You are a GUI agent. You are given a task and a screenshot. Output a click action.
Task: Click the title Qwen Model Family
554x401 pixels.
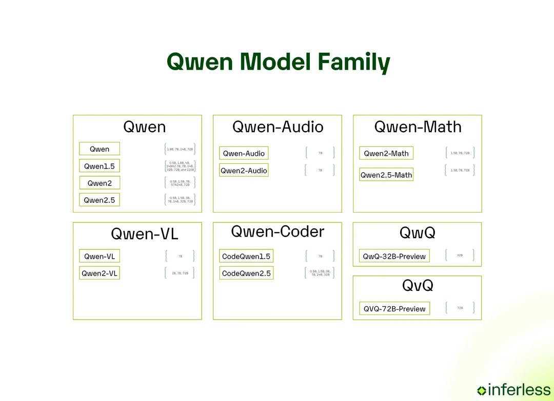click(278, 62)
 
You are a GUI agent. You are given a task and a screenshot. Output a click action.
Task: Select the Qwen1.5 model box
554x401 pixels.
click(100, 166)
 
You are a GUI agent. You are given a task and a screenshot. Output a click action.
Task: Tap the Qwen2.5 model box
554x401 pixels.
click(100, 200)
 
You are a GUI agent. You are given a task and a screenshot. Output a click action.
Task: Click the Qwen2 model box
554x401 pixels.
click(100, 183)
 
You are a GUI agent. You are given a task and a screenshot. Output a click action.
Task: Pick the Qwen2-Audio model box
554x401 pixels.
click(244, 171)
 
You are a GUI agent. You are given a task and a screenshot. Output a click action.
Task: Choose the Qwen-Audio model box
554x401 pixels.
click(244, 153)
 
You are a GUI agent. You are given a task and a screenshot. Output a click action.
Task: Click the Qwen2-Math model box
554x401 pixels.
click(386, 153)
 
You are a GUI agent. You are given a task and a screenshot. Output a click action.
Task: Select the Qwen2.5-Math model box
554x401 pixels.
click(386, 175)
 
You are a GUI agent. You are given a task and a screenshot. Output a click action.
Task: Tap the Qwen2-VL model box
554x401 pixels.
click(100, 273)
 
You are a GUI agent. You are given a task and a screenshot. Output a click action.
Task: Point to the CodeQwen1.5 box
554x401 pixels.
click(246, 256)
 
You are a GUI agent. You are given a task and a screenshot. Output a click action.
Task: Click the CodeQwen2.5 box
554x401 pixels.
click(246, 273)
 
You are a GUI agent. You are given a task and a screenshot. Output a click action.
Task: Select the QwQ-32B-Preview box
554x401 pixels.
click(394, 256)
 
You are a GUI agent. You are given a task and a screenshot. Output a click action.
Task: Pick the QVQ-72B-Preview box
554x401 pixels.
click(394, 308)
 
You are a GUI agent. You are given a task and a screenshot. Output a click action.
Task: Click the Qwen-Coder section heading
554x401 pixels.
click(278, 231)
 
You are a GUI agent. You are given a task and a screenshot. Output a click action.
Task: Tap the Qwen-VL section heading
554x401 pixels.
click(145, 234)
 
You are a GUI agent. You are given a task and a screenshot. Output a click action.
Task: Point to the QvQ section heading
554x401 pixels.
click(418, 285)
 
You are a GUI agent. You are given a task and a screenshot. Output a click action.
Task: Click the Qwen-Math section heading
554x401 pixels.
click(418, 126)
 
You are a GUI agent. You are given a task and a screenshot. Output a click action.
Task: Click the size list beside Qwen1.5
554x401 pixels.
click(180, 166)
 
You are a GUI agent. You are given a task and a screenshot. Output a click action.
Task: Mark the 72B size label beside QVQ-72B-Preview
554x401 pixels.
click(460, 308)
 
